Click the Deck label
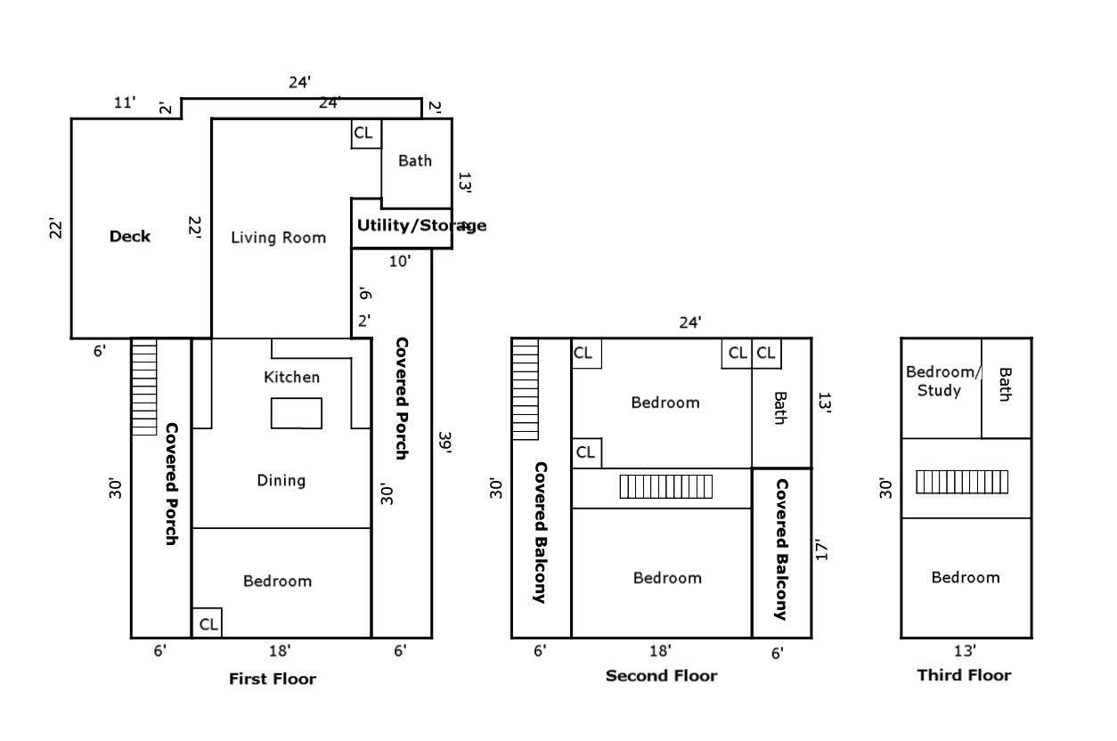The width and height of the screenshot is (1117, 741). click(130, 237)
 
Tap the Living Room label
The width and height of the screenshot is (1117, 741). click(278, 238)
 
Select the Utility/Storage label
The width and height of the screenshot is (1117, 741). click(421, 225)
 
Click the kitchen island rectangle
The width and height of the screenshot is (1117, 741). click(297, 413)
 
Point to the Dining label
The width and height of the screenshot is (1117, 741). click(281, 481)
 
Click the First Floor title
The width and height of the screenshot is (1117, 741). click(273, 679)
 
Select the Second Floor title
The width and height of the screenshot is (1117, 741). click(661, 676)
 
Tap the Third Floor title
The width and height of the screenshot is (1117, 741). click(964, 675)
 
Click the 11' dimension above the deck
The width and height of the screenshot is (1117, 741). click(126, 102)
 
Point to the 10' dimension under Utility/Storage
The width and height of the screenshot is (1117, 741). click(400, 261)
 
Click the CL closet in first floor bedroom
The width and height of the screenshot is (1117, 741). click(208, 624)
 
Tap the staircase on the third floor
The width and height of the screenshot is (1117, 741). click(962, 482)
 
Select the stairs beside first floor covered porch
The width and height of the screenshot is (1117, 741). click(144, 387)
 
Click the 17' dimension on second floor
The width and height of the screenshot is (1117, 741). click(821, 550)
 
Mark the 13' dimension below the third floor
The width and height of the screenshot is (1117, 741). click(965, 651)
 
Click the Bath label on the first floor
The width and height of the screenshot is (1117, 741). click(414, 161)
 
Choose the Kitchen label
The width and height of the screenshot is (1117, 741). click(291, 378)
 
